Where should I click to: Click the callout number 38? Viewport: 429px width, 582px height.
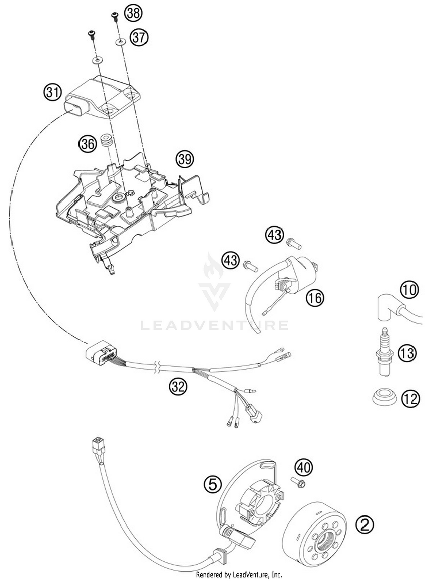pyautogui.click(x=133, y=13)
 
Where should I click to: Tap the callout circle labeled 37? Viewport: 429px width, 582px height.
pyautogui.click(x=139, y=37)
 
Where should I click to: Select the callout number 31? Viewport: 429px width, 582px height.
pyautogui.click(x=52, y=92)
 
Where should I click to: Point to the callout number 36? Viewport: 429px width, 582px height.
pyautogui.click(x=88, y=144)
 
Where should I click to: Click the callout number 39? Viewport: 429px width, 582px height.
pyautogui.click(x=185, y=159)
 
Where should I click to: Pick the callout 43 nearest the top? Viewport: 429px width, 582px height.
pyautogui.click(x=275, y=235)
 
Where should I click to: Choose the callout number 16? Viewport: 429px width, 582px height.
pyautogui.click(x=315, y=298)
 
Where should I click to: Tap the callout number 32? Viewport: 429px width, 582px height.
pyautogui.click(x=178, y=387)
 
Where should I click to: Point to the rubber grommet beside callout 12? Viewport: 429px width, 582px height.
pyautogui.click(x=385, y=396)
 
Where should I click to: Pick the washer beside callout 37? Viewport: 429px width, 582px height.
pyautogui.click(x=120, y=42)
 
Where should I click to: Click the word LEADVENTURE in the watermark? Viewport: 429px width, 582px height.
pyautogui.click(x=214, y=325)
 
